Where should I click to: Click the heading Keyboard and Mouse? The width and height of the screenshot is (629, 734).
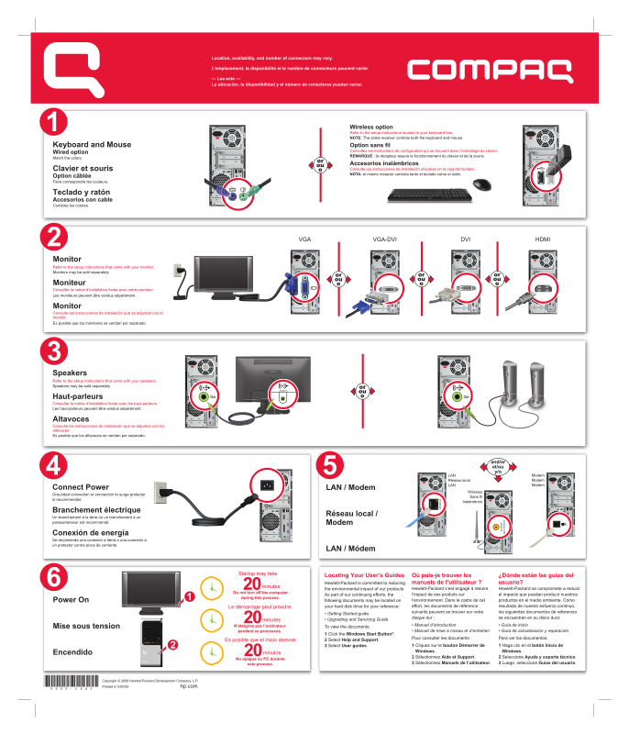(92, 145)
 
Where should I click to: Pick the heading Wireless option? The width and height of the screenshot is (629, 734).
(371, 127)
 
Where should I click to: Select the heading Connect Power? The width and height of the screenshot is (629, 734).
(81, 487)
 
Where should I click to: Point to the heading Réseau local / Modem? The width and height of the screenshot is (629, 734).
(351, 517)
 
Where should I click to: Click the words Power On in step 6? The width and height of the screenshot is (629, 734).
(71, 599)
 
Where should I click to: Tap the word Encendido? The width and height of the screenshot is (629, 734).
(73, 651)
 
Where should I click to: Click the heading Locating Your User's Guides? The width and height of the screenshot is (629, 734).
(364, 574)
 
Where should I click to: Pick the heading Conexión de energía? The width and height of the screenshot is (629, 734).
(90, 533)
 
